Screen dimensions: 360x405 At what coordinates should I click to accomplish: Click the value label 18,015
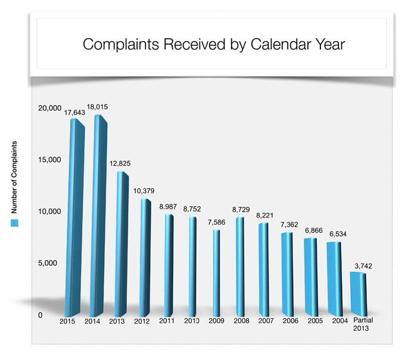coord(97,107)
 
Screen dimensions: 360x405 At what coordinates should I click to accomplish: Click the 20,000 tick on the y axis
coord(49,108)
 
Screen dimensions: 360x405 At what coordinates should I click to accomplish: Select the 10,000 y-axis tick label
coord(49,212)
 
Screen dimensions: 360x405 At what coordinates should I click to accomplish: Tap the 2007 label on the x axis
coord(266,321)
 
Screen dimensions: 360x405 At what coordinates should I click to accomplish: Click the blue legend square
coord(15,223)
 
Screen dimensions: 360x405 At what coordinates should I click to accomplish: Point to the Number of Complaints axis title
coord(15,178)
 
